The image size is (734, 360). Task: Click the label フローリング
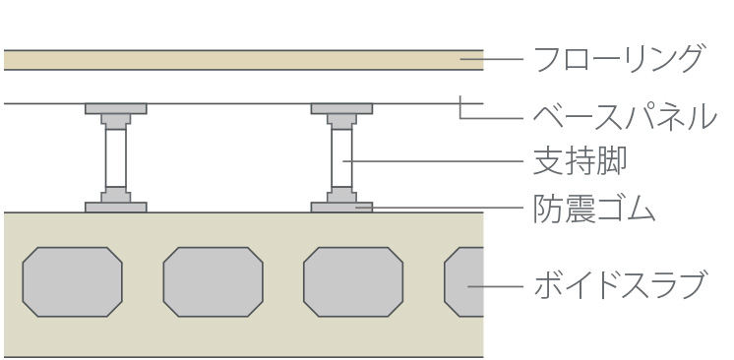tap(618, 58)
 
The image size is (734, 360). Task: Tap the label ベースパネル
tap(625, 116)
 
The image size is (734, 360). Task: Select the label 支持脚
tap(580, 160)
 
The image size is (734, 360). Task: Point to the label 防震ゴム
tap(594, 208)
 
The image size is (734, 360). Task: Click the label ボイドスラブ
tap(619, 284)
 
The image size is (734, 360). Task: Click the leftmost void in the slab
tap(73, 282)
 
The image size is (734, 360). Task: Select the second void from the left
tap(213, 282)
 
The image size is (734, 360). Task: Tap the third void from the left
tap(353, 282)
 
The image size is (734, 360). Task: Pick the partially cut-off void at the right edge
tap(463, 282)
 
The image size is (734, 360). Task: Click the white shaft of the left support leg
tap(116, 157)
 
